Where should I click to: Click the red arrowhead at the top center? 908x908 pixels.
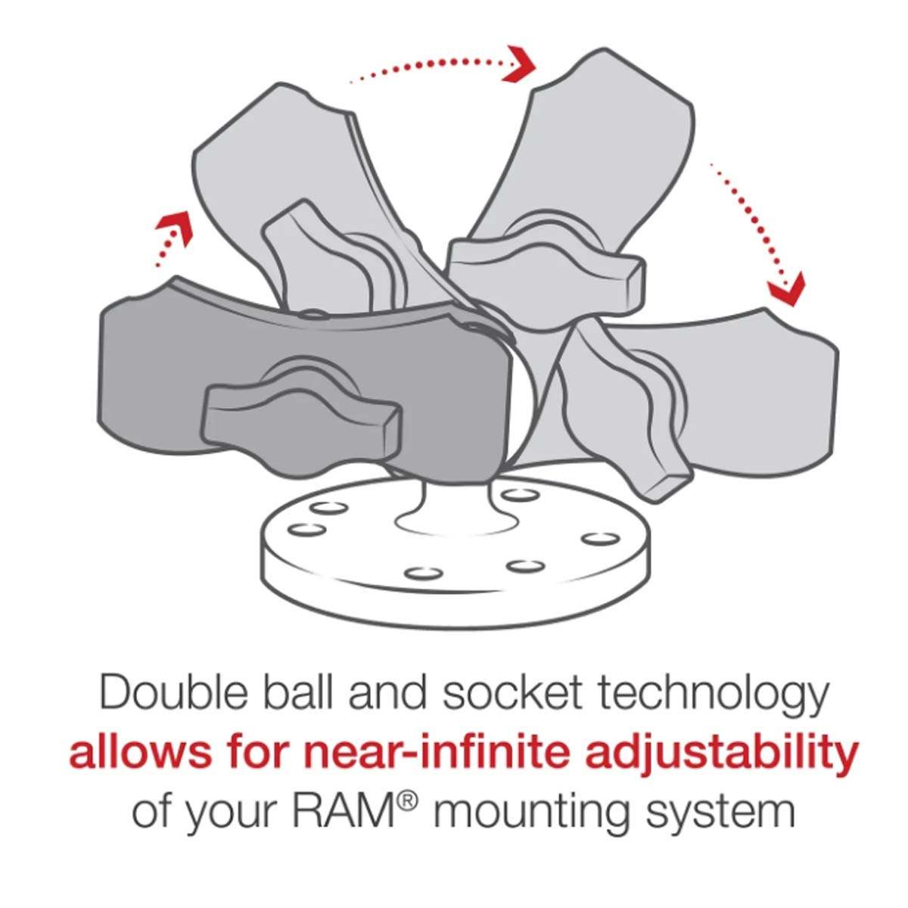521,63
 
